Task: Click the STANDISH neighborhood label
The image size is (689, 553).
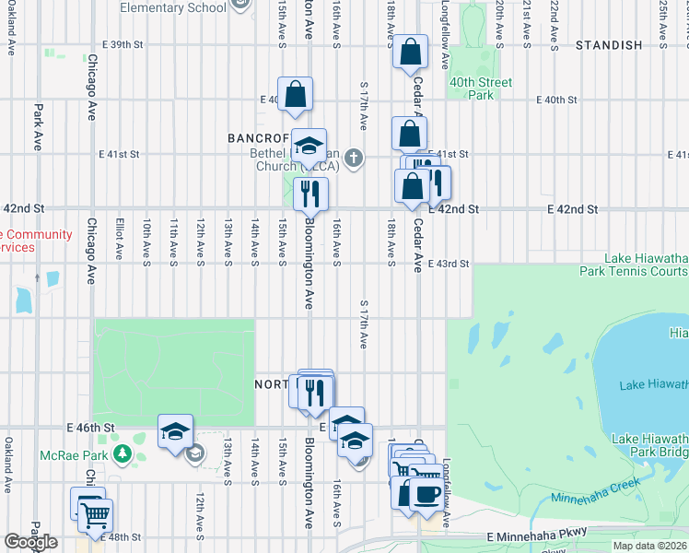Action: click(608, 45)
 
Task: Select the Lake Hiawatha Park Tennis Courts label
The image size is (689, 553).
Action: click(634, 265)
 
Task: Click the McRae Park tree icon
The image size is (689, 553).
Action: click(123, 454)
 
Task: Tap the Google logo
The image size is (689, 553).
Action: click(29, 542)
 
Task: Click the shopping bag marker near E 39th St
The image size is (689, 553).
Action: click(410, 52)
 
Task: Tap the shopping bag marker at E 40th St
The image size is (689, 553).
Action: click(295, 94)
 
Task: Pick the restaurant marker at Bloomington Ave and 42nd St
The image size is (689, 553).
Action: click(310, 194)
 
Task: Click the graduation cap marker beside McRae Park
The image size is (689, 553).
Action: click(174, 431)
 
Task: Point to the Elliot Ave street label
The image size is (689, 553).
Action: click(120, 238)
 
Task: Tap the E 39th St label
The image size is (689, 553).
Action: click(124, 44)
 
